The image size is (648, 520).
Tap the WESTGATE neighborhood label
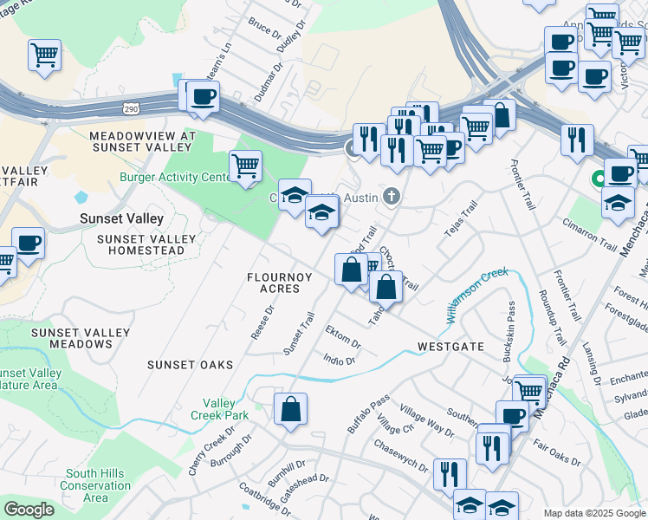450,346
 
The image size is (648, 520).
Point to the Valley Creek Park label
226,409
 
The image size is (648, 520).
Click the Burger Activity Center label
176,178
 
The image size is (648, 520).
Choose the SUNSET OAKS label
185,364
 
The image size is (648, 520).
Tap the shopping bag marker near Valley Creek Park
291,408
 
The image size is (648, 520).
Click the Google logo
29,510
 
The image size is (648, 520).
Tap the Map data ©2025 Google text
594,513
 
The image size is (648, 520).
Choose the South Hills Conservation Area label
96,485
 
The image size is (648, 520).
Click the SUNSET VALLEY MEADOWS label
72,338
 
